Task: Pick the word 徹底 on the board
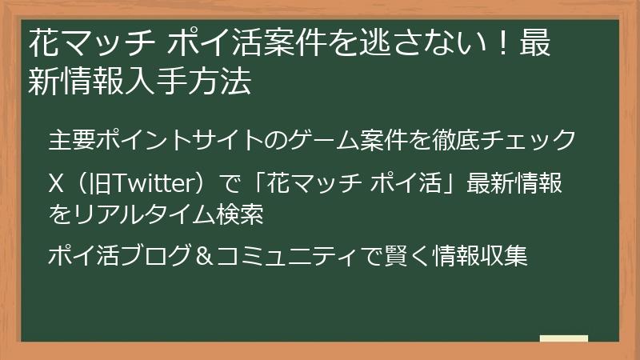tap(455, 138)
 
